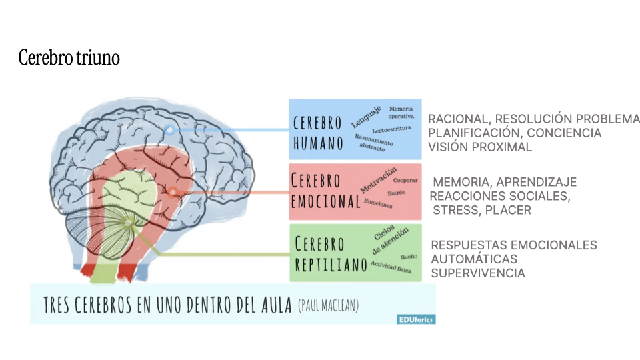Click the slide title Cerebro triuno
[x=69, y=57]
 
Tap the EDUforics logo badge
[x=416, y=319]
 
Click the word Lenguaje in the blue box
[x=367, y=117]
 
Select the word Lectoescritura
[x=391, y=129]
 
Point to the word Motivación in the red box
[x=379, y=180]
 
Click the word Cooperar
[x=405, y=180]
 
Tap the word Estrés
[x=396, y=193]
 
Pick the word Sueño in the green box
[x=409, y=257]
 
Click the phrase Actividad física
[x=391, y=267]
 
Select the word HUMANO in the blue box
[x=318, y=143]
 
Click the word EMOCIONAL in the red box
[x=326, y=201]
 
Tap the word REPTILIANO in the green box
[x=331, y=265]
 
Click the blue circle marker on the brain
[x=170, y=130]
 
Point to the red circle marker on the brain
[x=173, y=192]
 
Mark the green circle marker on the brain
[x=128, y=223]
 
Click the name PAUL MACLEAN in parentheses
[x=329, y=305]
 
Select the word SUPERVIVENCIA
[x=478, y=273]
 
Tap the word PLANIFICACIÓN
[x=475, y=133]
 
